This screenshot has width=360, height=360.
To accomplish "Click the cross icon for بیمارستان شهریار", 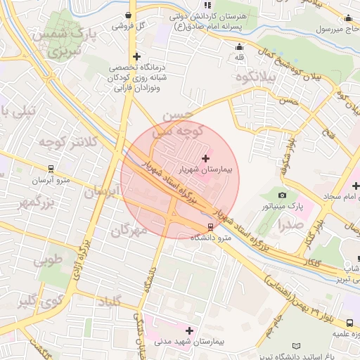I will [205, 158].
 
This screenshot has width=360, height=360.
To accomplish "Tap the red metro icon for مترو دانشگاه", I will [210, 227].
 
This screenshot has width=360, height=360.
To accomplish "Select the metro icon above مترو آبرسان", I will [51, 169].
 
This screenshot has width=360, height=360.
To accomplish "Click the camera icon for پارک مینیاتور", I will [282, 195].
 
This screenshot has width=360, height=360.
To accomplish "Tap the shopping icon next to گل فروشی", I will [127, 14].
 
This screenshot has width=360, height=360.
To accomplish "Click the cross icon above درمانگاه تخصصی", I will [136, 56].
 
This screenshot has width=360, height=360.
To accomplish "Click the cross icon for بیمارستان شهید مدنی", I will [188, 330].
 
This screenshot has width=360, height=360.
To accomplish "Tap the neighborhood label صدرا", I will [290, 226].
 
